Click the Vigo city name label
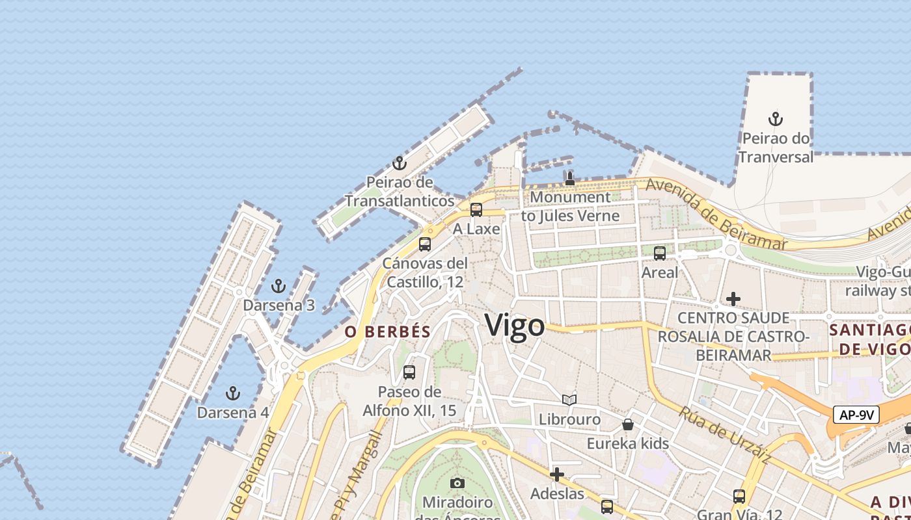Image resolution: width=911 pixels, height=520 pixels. (x=515, y=325)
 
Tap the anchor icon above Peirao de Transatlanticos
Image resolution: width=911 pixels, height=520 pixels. (x=399, y=163)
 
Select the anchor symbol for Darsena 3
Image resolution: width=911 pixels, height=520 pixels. (x=279, y=286)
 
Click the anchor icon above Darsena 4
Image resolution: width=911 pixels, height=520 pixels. (x=232, y=393)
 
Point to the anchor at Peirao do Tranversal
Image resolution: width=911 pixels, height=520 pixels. (x=775, y=119)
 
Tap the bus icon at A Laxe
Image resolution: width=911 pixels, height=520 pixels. (x=476, y=210)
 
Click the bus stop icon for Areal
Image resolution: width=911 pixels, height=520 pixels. (x=660, y=253)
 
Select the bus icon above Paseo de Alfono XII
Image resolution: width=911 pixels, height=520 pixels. (x=409, y=372)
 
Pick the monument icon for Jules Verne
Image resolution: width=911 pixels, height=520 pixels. (x=570, y=177)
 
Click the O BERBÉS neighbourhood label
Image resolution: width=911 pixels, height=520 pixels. (x=388, y=331)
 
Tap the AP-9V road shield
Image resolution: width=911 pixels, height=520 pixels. (x=856, y=415)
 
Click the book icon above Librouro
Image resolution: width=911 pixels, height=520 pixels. (x=569, y=400)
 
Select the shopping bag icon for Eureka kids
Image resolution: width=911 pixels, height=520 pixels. (x=628, y=424)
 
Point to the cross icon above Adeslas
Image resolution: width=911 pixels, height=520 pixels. (x=557, y=474)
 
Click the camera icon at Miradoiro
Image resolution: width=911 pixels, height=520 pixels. (x=457, y=483)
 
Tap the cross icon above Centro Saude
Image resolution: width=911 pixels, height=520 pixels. (x=733, y=299)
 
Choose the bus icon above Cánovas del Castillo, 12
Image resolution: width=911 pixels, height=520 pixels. (x=425, y=244)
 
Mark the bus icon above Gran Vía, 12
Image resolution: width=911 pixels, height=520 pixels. (x=739, y=497)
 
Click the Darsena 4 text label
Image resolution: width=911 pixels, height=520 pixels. (x=233, y=413)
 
